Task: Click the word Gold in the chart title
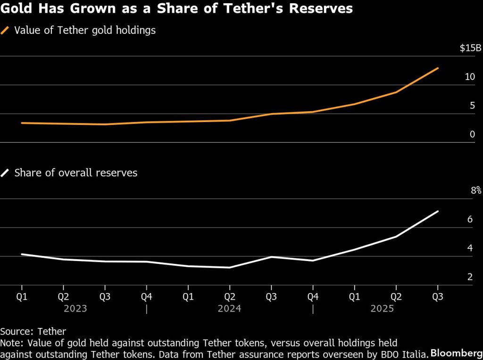(16, 9)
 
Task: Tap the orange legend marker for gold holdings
(5, 31)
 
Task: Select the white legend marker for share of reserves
(5, 173)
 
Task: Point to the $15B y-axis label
(470, 48)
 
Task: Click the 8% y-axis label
(475, 191)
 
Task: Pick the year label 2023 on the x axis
(75, 309)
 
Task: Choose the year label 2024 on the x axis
(229, 309)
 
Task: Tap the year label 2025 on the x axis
(382, 309)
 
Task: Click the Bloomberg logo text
(456, 352)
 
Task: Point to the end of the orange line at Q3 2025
(438, 68)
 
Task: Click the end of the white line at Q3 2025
(438, 211)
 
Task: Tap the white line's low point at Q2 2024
(230, 268)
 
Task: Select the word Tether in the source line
(51, 331)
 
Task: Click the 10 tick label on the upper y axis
(470, 77)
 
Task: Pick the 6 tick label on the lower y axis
(470, 220)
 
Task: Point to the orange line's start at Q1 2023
(22, 123)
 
